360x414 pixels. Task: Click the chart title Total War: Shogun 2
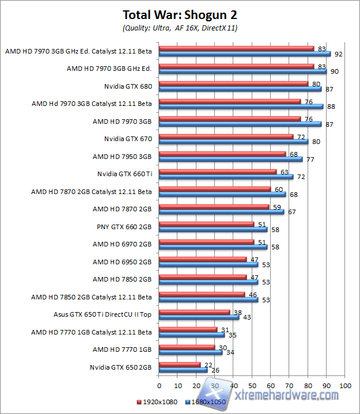(x=179, y=14)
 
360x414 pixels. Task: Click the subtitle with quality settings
(x=180, y=27)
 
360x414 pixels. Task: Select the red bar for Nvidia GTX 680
(x=233, y=83)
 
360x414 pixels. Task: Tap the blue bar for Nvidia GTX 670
(x=233, y=142)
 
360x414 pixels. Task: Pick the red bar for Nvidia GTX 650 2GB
(x=179, y=364)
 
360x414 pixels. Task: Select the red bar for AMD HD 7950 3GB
(x=222, y=154)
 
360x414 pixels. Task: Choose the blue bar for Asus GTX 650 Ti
(x=199, y=317)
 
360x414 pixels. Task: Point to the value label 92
(x=338, y=54)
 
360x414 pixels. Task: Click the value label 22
(x=208, y=364)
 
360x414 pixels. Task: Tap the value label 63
(x=284, y=171)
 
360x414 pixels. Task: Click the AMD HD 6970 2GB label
(x=122, y=244)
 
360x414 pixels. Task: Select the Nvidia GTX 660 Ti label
(x=124, y=174)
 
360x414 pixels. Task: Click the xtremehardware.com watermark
(x=285, y=396)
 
